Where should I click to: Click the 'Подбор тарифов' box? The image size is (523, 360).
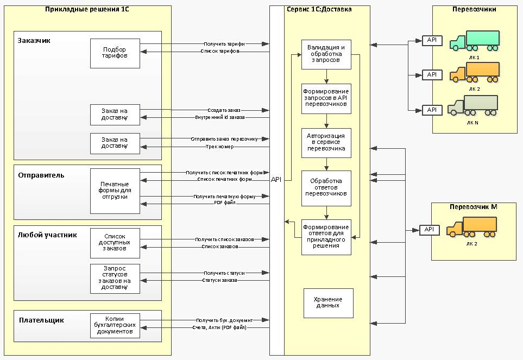click(115, 53)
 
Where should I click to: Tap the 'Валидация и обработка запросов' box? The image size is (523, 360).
click(326, 54)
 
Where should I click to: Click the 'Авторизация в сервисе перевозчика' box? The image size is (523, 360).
click(326, 142)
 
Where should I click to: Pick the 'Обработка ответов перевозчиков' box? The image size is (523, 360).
click(326, 188)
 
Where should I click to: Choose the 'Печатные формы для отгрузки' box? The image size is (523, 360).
click(115, 191)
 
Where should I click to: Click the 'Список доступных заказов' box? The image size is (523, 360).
click(115, 242)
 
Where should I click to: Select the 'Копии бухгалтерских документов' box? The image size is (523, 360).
click(115, 326)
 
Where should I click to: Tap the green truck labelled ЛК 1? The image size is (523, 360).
click(475, 41)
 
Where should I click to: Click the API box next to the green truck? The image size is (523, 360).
click(432, 40)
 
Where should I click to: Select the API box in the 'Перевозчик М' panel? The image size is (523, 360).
click(429, 230)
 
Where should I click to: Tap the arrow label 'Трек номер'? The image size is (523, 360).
click(220, 147)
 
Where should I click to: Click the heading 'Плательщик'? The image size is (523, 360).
click(41, 320)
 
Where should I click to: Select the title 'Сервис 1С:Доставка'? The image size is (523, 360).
click(318, 9)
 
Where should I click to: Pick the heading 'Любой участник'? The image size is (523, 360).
click(47, 235)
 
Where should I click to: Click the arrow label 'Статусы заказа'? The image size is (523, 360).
click(219, 280)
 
